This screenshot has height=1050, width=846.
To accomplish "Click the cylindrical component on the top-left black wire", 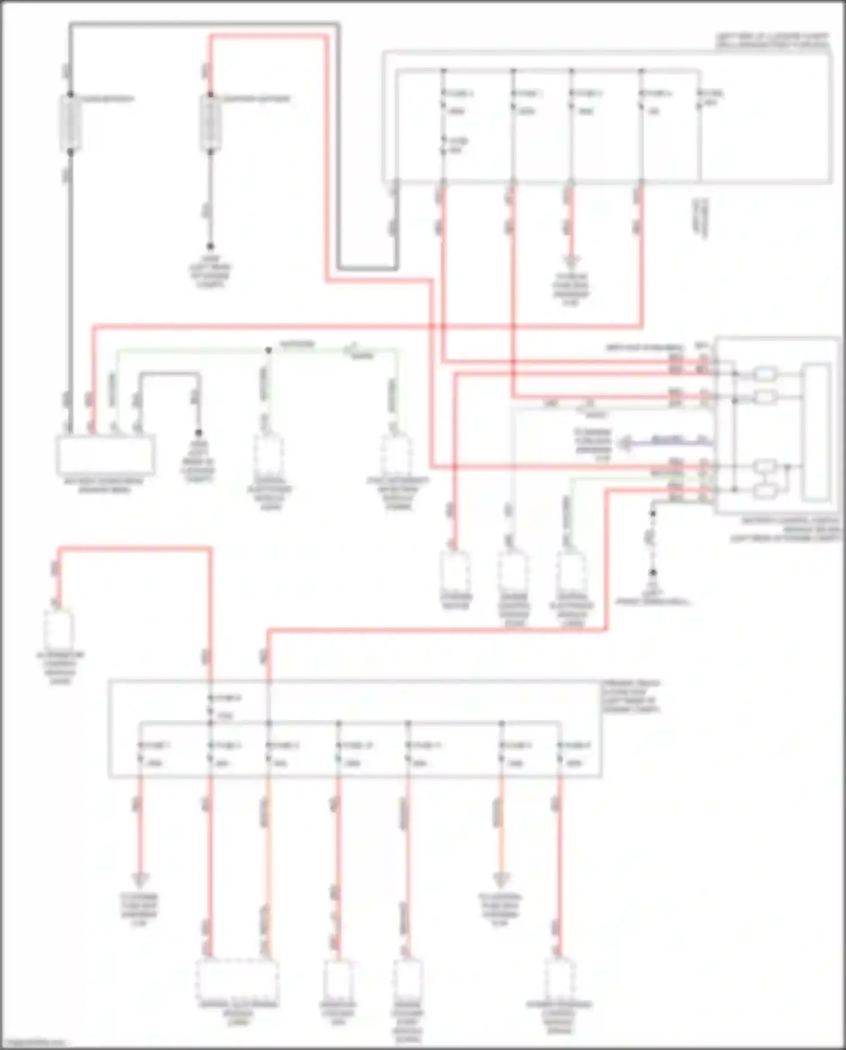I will click(70, 123).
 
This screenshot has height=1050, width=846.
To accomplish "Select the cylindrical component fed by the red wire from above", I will click(210, 123).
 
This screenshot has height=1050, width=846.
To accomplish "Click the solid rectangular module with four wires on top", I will click(105, 455).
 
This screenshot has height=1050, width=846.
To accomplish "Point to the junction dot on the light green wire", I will click(268, 350).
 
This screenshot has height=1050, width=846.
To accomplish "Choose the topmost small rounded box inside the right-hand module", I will click(765, 374).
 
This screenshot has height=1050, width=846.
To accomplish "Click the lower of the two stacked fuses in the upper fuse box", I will click(443, 145).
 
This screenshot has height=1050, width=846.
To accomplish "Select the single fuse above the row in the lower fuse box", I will click(210, 706).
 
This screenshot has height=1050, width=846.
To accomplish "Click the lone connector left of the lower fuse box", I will click(59, 628).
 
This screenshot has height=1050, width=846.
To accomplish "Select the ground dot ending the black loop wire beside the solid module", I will click(198, 433).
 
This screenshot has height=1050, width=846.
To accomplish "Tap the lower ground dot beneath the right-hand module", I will click(653, 573).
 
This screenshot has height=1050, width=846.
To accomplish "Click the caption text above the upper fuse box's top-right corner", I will click(773, 41).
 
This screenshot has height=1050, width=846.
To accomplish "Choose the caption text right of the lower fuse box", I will click(631, 696).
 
